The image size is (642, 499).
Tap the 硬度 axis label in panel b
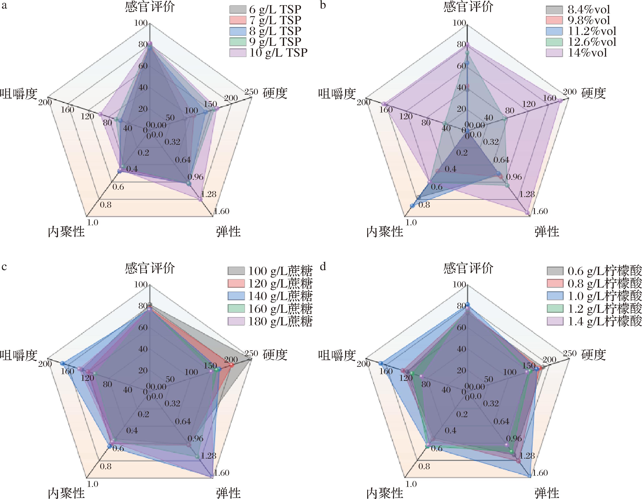[594, 93]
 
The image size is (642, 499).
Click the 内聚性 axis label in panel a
[66, 232]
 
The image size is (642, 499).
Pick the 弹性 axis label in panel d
[547, 493]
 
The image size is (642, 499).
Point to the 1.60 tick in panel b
[540, 211]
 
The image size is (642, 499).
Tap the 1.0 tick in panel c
[93, 484]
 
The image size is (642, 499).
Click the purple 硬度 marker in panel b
[561, 101]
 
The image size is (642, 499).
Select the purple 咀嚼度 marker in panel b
[384, 104]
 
